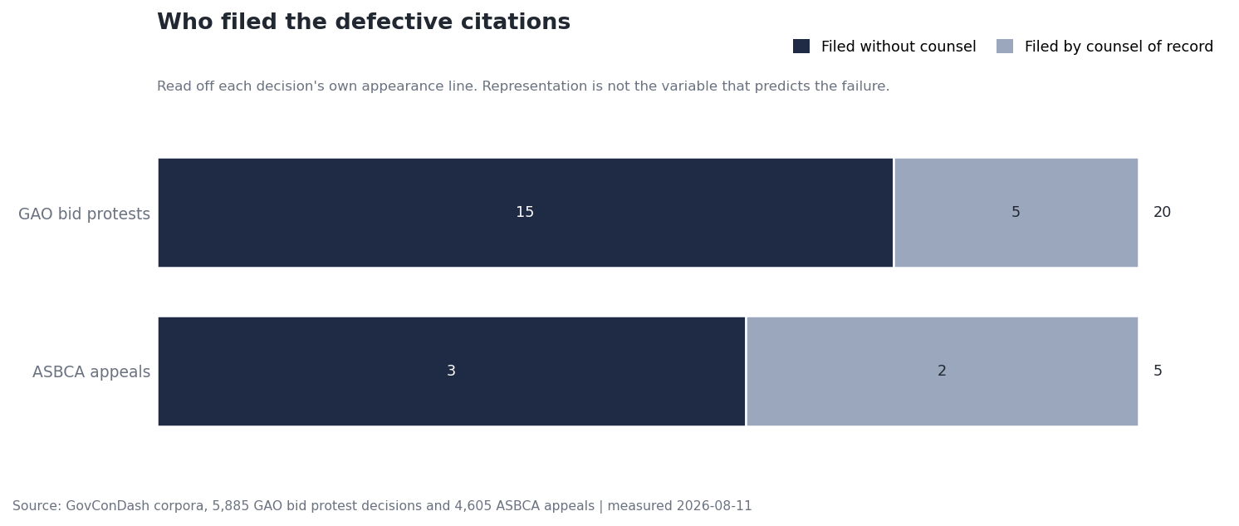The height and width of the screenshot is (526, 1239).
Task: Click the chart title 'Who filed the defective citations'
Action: point(364,22)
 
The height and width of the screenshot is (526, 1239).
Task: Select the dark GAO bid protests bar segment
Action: point(526,213)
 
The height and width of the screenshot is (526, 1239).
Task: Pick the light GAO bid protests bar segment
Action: point(1016,213)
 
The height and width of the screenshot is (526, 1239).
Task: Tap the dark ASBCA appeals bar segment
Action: point(452,371)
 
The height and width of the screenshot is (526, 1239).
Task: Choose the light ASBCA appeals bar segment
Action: point(942,371)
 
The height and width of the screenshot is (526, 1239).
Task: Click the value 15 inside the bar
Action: point(525,212)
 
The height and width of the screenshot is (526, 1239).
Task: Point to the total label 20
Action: point(1162,212)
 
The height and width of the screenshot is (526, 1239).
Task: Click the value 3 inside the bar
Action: point(452,371)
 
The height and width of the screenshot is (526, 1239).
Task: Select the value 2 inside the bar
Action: point(942,371)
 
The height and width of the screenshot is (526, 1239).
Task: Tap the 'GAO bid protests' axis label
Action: point(84,214)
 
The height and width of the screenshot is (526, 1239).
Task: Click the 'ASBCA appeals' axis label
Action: point(91,371)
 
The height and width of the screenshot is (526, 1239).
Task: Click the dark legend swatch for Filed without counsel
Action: point(801,47)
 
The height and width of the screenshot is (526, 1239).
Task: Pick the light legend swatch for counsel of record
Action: point(1005,47)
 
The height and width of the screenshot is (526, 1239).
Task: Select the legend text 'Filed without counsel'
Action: point(899,47)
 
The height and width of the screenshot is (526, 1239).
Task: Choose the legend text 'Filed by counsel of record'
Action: point(1119,47)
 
